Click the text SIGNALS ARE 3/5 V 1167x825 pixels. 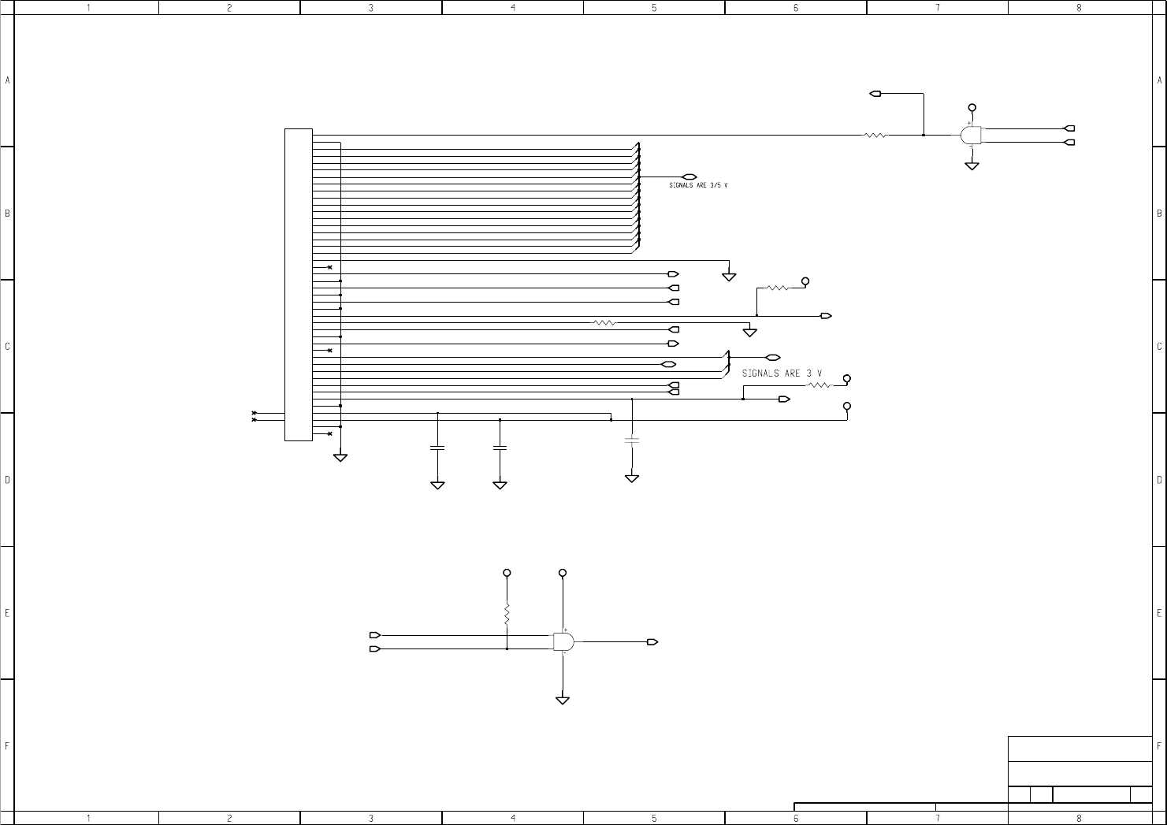tap(698, 185)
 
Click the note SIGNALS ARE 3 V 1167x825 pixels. tap(782, 373)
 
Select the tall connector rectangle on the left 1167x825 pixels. tap(298, 284)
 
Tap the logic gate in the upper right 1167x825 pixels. tap(971, 136)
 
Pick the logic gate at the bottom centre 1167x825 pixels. tap(563, 641)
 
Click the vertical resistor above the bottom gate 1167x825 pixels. tap(507, 613)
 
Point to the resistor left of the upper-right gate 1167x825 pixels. tap(875, 135)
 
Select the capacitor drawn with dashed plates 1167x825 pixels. tap(631, 440)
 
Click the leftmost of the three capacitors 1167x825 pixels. tap(437, 448)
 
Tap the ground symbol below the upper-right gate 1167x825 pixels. tap(972, 166)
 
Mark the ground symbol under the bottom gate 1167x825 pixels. tap(563, 700)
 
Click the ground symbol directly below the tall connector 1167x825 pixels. tap(340, 458)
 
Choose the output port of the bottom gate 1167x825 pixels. tap(652, 641)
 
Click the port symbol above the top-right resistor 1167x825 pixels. tap(875, 94)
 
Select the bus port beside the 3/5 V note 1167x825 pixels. tap(689, 177)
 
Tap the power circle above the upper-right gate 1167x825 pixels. tap(972, 107)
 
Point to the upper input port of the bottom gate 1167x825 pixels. tap(375, 634)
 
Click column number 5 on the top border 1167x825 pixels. tap(654, 7)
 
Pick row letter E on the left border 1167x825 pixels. tap(7, 612)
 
